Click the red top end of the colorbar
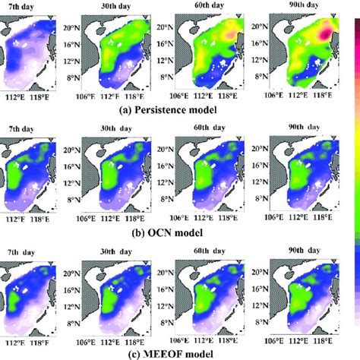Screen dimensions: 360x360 click(x=355, y=14)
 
